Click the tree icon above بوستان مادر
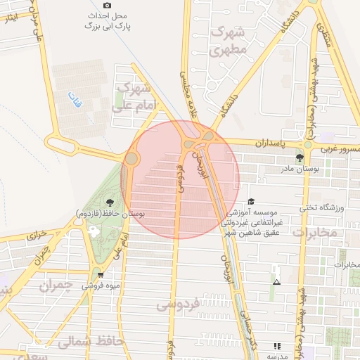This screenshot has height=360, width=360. [301, 157]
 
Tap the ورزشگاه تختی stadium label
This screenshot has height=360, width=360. [319, 207]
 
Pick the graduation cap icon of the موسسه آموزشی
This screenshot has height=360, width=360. [251, 201]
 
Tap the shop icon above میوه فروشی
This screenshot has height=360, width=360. [101, 275]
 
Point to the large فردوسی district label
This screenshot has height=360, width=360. [179, 304]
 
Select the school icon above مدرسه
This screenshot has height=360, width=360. [277, 345]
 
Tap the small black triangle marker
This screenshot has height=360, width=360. [276, 283]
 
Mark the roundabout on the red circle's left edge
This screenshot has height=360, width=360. [131, 159]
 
